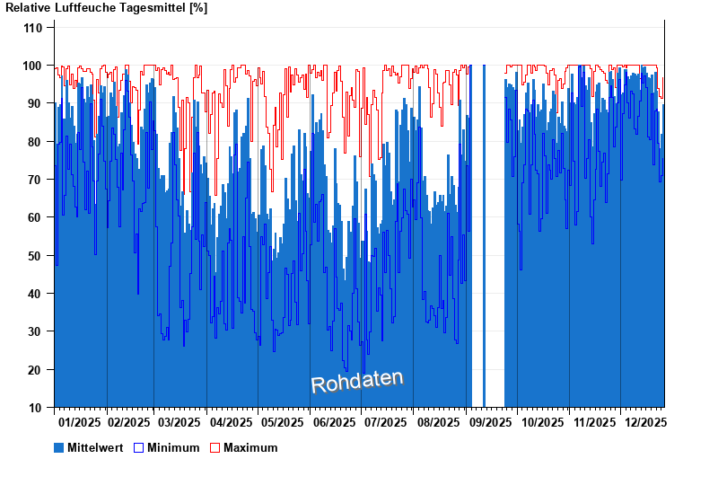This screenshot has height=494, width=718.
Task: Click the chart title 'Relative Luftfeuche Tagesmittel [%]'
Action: [107, 8]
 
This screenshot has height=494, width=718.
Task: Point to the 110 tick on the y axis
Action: [32, 28]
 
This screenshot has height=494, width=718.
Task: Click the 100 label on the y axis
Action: [32, 66]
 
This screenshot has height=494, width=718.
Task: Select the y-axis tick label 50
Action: [35, 256]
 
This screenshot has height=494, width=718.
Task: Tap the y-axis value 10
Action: [35, 408]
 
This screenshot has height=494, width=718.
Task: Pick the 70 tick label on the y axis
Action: [35, 180]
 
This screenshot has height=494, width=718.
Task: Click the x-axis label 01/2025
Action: [79, 422]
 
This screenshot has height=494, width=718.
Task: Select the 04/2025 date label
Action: [231, 422]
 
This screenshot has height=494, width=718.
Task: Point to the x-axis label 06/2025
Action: [334, 422]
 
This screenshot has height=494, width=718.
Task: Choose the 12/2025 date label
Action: [644, 422]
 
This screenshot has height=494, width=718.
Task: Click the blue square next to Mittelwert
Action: [59, 447]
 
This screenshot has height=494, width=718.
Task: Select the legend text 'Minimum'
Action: [173, 447]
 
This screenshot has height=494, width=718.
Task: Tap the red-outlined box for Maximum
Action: [215, 447]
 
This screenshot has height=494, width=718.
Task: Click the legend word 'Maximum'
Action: [250, 447]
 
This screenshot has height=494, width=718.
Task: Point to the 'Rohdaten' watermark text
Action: [357, 382]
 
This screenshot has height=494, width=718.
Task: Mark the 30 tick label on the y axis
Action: [35, 331]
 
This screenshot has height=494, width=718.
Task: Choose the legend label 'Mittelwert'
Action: [95, 447]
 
